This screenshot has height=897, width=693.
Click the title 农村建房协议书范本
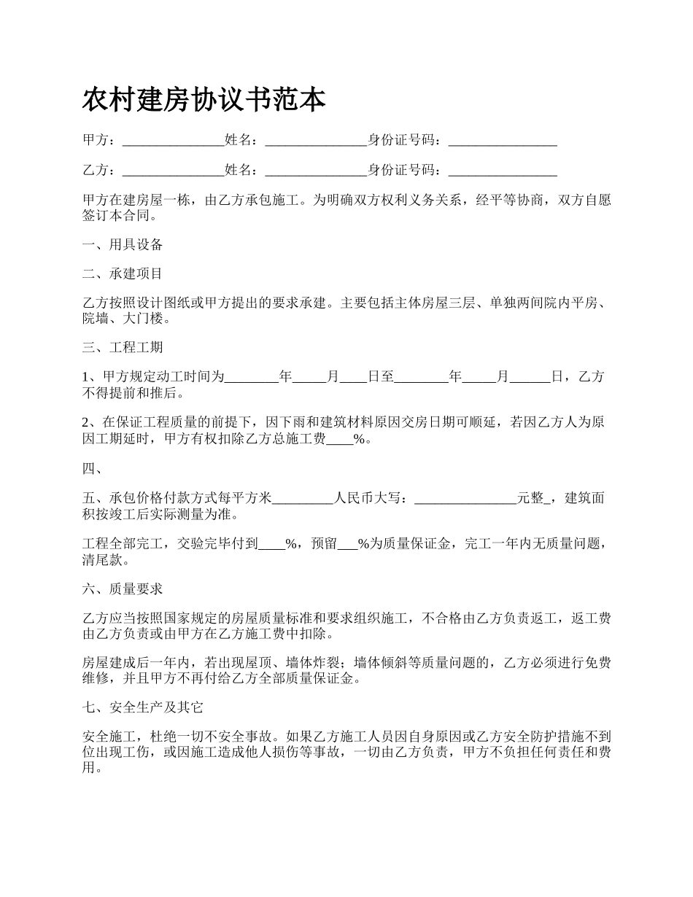pyautogui.click(x=204, y=101)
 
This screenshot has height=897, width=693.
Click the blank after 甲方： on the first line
pyautogui.click(x=173, y=140)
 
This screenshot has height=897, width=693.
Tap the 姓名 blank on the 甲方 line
pyautogui.click(x=316, y=140)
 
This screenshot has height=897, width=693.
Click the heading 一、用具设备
pyautogui.click(x=123, y=244)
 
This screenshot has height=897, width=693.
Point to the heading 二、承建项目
pyautogui.click(x=123, y=274)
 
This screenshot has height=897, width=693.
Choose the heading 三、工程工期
pyautogui.click(x=123, y=348)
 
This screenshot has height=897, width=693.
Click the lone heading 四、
pyautogui.click(x=93, y=469)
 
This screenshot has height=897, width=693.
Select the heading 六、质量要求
pyautogui.click(x=123, y=589)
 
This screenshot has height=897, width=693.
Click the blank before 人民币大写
pyautogui.click(x=302, y=499)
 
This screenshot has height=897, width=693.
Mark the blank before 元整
pyautogui.click(x=465, y=499)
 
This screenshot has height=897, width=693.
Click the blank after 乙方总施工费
pyautogui.click(x=339, y=439)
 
